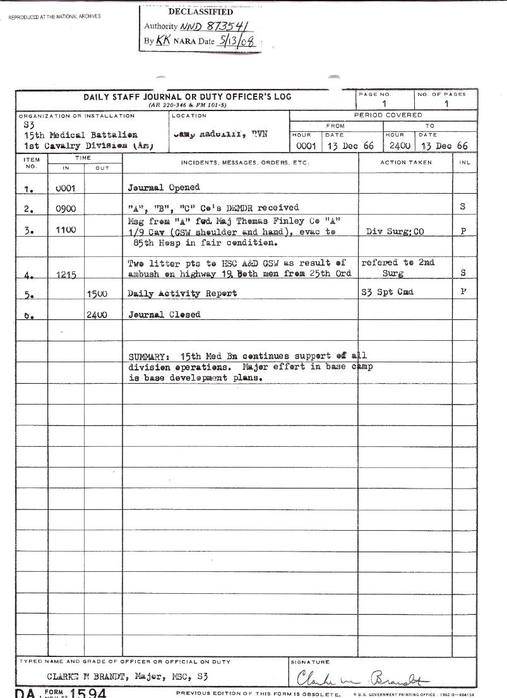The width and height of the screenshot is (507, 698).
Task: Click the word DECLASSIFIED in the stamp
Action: click(201, 12)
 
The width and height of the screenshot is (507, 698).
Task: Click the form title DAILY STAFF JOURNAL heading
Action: click(188, 97)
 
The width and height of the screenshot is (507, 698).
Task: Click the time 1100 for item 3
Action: click(66, 230)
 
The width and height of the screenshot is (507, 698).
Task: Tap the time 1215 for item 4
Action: click(66, 275)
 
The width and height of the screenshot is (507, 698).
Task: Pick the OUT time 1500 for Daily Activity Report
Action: click(97, 293)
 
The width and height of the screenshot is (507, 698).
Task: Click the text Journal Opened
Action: click(164, 187)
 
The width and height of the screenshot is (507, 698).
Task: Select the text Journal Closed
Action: click(164, 314)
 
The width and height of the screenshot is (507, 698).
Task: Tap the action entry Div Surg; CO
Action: click(395, 232)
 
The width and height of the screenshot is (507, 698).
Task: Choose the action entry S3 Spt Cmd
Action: click(387, 293)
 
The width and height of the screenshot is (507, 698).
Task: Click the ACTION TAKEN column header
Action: click(405, 162)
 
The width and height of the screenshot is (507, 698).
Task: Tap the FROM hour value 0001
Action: click(306, 146)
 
